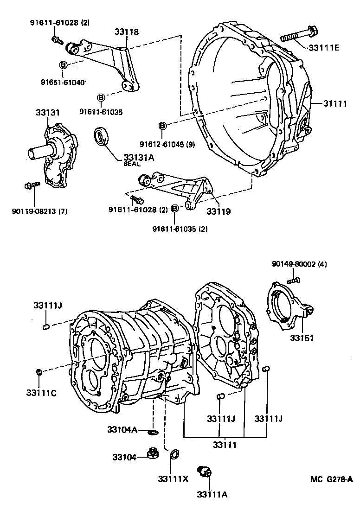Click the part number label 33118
tap(127, 32)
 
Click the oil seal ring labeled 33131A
tap(101, 137)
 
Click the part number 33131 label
tap(48, 113)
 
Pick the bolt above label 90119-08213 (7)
tap(28, 186)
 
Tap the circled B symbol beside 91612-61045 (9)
tap(162, 126)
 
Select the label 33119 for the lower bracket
tap(219, 211)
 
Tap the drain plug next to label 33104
tap(151, 453)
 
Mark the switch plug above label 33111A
tap(204, 471)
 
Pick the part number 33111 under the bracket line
tap(225, 445)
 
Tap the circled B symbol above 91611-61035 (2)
tap(175, 209)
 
